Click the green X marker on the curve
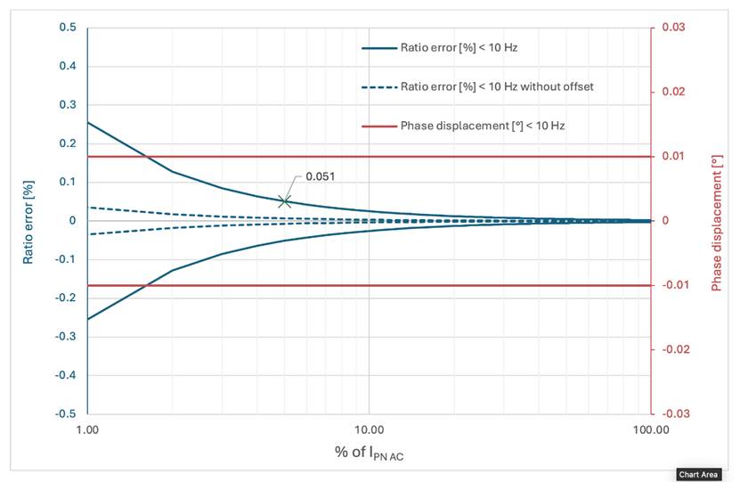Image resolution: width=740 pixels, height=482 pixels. coord(284,201)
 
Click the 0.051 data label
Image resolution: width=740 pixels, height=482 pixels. coord(321,176)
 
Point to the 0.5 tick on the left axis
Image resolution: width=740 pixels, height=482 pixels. coord(68,28)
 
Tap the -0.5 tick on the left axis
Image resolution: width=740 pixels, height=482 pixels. coord(65,414)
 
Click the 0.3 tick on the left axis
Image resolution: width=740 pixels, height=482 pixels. coord(68,105)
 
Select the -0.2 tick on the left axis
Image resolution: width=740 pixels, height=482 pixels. coord(65,298)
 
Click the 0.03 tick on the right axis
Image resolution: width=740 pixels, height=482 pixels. coord(671,28)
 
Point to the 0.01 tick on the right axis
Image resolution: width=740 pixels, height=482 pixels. coord(671,157)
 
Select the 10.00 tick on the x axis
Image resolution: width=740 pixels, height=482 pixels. coord(369,430)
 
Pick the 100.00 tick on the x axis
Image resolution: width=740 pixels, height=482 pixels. coord(649,430)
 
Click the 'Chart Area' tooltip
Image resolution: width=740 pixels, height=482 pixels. coord(698,474)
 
